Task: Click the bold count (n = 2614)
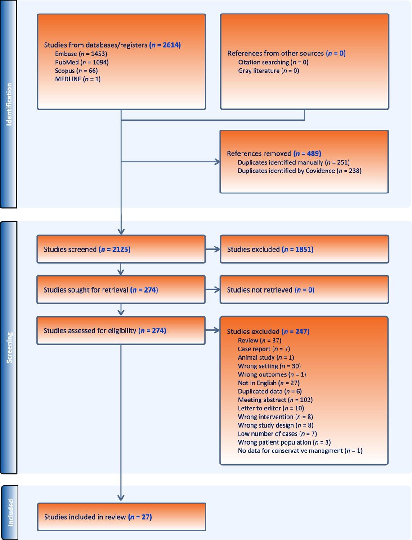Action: point(165,45)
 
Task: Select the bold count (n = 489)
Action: point(308,153)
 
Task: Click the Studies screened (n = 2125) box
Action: point(121,249)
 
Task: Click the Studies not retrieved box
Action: point(304,290)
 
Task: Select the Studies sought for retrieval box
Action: point(121,290)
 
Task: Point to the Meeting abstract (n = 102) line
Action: point(275,400)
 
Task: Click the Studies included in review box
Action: point(121,517)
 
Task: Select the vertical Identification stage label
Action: point(9,104)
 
